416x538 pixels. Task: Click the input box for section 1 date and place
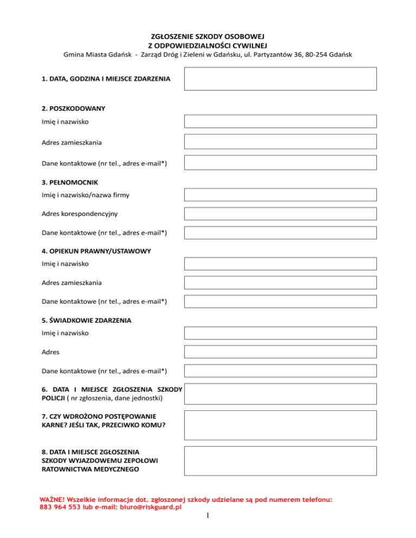pos(280,78)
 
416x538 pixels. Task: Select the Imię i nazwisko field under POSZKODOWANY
pos(280,122)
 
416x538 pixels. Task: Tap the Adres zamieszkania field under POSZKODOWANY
pos(280,142)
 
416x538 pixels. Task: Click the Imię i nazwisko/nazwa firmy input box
pos(280,194)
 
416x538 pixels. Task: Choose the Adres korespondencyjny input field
pos(280,213)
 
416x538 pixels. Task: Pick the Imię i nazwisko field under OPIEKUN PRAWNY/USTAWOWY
pos(280,264)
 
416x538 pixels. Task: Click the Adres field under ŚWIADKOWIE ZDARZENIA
pos(280,352)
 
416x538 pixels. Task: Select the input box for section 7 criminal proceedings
pos(280,425)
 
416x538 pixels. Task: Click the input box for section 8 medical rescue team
pos(280,461)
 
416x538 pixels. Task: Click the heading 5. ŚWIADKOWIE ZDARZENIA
pos(86,320)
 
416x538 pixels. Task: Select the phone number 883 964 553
pos(58,508)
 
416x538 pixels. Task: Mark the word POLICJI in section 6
pos(53,398)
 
